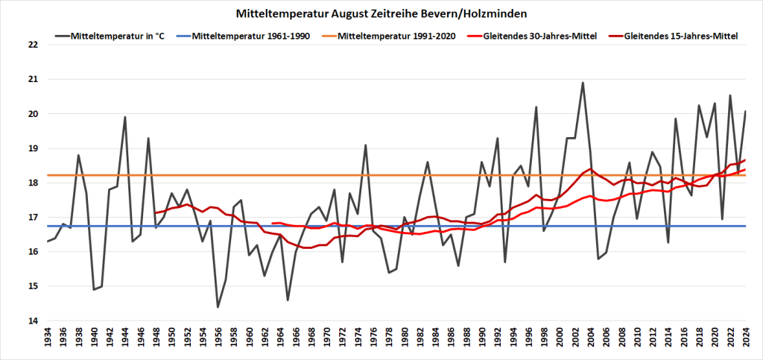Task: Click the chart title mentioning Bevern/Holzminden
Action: click(x=381, y=13)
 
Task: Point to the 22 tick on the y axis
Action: click(x=31, y=45)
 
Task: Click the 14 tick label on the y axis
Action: click(x=31, y=321)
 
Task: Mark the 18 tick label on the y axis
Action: click(x=31, y=183)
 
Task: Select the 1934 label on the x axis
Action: click(x=48, y=340)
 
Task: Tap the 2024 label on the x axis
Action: click(x=745, y=340)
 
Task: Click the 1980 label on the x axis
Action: click(x=405, y=340)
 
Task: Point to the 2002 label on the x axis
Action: click(x=574, y=340)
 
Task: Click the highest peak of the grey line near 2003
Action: click(x=583, y=83)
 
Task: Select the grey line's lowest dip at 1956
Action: click(x=218, y=307)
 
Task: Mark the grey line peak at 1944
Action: click(x=124, y=117)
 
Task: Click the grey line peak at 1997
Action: click(x=536, y=107)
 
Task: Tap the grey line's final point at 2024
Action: click(x=745, y=111)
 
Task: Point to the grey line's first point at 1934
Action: click(x=48, y=241)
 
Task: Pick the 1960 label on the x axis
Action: click(x=249, y=340)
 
